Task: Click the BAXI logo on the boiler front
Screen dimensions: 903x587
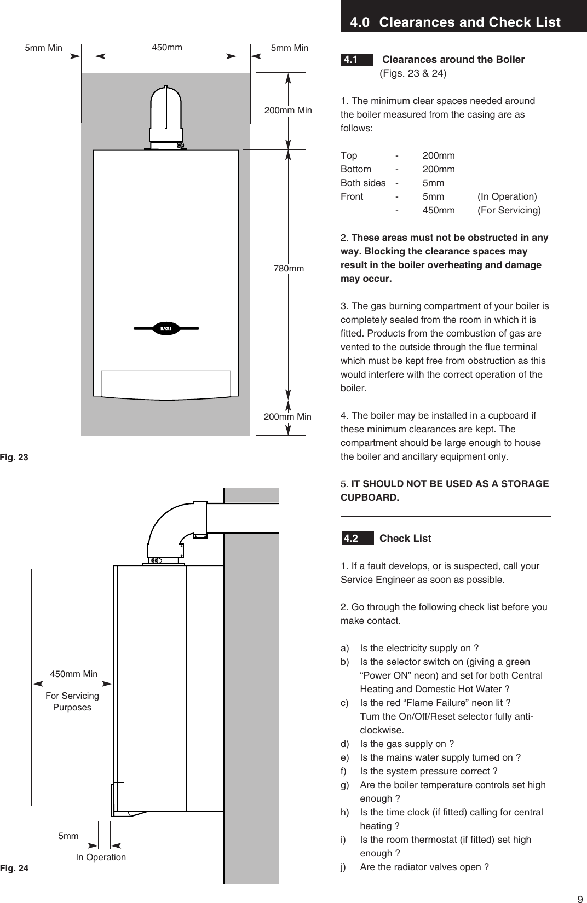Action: tap(166, 328)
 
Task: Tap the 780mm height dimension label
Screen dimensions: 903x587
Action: tap(289, 269)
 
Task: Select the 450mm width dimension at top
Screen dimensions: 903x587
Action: tap(167, 48)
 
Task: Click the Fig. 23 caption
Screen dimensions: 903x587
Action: tap(14, 456)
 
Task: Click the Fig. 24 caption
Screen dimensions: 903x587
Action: tap(14, 868)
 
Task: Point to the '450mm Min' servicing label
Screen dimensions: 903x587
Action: tap(74, 674)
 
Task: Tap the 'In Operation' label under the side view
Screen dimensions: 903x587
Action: tap(101, 857)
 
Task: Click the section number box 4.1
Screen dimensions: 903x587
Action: tap(350, 60)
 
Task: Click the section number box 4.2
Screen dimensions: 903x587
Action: tap(351, 538)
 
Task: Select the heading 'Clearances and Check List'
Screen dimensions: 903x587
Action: tap(469, 22)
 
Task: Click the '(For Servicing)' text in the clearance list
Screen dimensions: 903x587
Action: tap(509, 210)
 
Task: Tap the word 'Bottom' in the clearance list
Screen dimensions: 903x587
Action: tap(356, 169)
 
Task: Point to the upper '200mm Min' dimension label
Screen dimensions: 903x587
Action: tap(288, 110)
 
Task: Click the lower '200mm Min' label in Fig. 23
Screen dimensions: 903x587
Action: tap(287, 416)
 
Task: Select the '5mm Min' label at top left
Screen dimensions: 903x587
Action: tap(44, 48)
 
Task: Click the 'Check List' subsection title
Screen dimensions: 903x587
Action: tap(405, 538)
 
